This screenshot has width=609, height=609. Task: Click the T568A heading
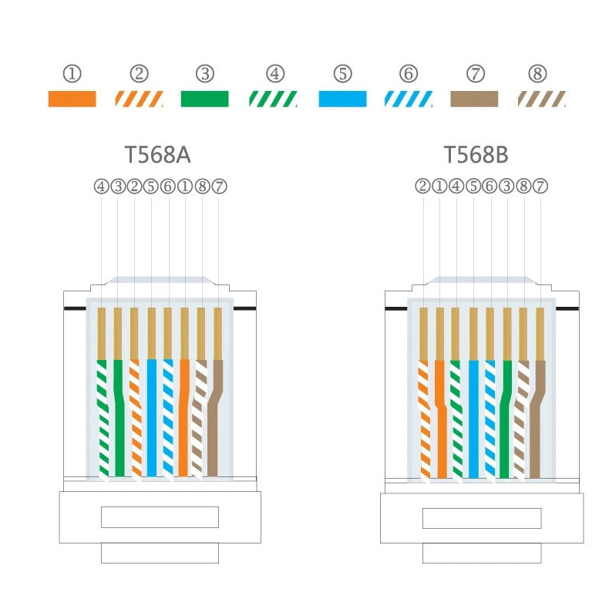point(157,155)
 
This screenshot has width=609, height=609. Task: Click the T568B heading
point(476,155)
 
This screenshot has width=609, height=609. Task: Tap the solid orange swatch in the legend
point(72,99)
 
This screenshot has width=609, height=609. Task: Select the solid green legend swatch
point(205,99)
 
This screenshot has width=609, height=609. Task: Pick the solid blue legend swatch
point(342,99)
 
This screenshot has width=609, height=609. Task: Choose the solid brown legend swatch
point(474,99)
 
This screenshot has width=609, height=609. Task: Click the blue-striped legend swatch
point(409,99)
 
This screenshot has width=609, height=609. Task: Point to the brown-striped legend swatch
point(542,99)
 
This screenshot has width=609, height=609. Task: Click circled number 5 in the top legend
point(342,73)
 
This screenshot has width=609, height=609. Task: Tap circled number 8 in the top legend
point(538,73)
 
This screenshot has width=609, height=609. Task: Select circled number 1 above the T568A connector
point(185,187)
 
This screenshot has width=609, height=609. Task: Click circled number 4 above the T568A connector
point(101,187)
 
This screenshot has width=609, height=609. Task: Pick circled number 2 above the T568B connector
point(423,187)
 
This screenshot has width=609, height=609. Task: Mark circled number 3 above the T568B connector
point(506,187)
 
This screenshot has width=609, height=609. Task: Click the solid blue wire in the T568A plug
point(151,418)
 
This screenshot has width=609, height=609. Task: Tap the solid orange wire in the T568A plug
point(183,418)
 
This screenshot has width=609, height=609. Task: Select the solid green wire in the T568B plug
point(506,419)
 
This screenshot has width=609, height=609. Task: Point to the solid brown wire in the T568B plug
point(537,419)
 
